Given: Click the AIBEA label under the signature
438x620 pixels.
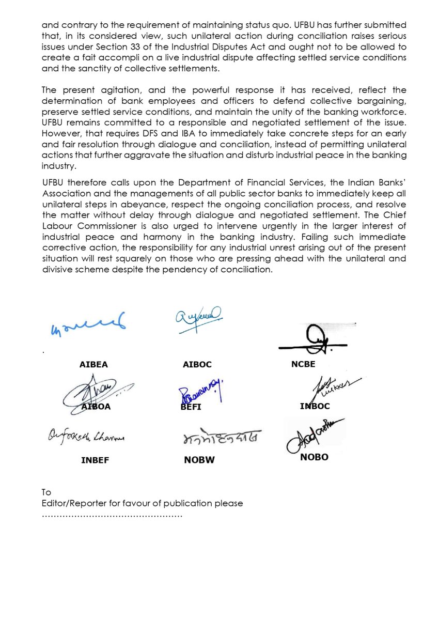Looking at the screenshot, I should tap(93, 364).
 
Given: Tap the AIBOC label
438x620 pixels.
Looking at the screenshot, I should tap(197, 364).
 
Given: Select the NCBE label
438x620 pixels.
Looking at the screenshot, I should tap(303, 364).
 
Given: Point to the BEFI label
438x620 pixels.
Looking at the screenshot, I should tap(192, 407).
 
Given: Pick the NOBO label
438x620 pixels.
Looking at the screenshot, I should tap(314, 457).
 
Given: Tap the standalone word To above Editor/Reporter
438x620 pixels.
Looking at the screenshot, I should tap(46, 492).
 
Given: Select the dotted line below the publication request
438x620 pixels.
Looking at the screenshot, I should tap(112, 515).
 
